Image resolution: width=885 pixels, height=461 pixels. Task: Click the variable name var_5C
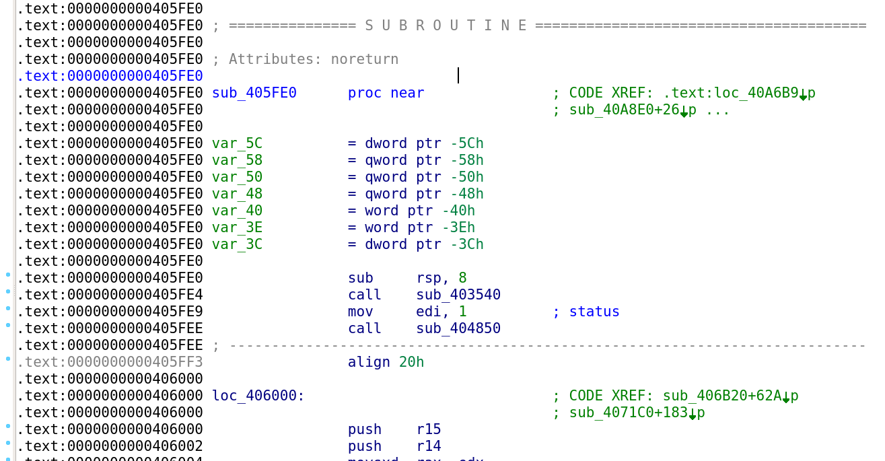237,143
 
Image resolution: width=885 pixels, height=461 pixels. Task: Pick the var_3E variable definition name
237,227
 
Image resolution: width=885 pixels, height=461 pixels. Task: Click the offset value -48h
462,194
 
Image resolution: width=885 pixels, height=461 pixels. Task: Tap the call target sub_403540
458,295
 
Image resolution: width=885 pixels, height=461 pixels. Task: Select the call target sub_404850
458,328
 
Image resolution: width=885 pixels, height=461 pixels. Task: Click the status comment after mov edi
594,312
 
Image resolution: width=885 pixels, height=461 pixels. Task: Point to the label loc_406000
258,396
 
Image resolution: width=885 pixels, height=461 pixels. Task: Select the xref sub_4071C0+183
628,413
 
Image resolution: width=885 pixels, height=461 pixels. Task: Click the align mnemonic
369,362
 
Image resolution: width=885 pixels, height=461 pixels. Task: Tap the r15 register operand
428,429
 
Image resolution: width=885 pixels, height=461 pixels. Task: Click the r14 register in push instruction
428,446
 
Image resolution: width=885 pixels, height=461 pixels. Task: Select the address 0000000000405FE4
135,295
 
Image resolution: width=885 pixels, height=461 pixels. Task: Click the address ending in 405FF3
135,362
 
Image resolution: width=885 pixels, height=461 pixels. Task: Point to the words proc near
386,93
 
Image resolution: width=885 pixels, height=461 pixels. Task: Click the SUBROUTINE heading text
446,26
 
